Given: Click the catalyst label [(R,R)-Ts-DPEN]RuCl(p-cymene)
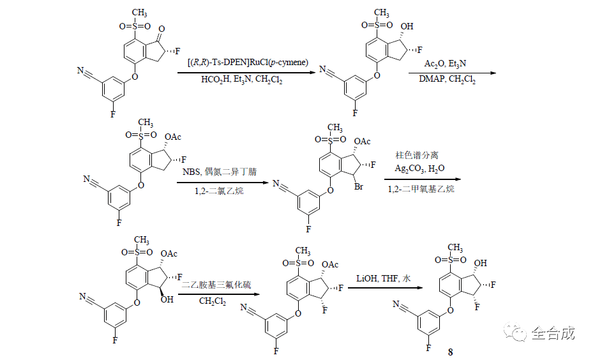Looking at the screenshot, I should pos(248,63).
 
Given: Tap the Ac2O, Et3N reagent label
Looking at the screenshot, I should pos(445,64).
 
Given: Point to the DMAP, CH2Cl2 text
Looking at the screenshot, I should pos(447,80).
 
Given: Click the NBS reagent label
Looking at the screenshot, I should pos(191,172).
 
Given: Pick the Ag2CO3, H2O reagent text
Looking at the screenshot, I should pos(421,169).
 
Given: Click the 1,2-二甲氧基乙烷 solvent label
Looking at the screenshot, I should pos(421,189).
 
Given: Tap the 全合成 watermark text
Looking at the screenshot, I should pos(554,333).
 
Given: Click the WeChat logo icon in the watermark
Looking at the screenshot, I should pos(516,332).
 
